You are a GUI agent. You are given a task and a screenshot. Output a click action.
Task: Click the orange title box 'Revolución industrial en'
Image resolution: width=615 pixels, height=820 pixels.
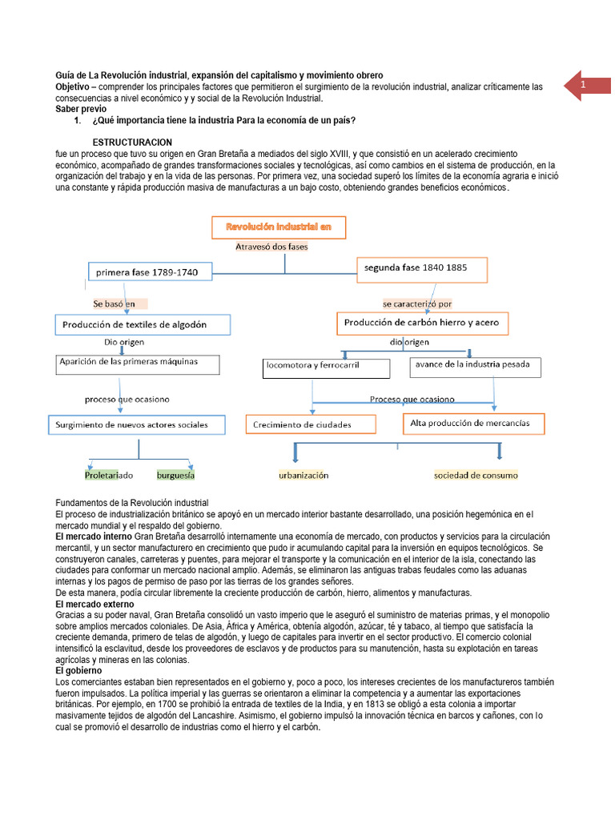tap(278, 227)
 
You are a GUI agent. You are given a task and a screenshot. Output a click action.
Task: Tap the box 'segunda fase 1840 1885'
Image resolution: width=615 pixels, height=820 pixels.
tap(421, 269)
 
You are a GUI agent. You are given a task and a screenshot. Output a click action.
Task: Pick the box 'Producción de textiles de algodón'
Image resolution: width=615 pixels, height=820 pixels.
tap(143, 324)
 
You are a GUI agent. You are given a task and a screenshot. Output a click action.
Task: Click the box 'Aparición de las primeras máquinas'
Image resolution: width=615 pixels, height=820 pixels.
tap(138, 364)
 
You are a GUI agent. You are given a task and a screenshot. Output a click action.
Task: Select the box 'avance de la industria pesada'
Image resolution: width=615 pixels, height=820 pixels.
tap(475, 367)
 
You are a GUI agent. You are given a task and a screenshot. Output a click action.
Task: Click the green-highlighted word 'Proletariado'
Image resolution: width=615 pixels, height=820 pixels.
tap(110, 475)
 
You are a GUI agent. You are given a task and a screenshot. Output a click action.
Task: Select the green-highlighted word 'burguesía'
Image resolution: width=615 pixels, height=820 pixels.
tap(176, 475)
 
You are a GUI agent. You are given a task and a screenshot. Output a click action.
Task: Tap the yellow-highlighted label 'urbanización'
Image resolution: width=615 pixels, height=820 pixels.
tap(303, 475)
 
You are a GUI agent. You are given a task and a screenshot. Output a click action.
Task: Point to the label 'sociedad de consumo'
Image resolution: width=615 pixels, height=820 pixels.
tap(476, 475)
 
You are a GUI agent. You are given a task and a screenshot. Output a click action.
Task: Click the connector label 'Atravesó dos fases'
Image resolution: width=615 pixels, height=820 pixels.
tap(271, 247)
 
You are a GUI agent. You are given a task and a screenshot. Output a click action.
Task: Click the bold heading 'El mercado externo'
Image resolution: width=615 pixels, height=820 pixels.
tap(94, 604)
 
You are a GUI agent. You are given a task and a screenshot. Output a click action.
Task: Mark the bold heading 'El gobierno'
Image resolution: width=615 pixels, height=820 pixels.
tap(79, 670)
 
